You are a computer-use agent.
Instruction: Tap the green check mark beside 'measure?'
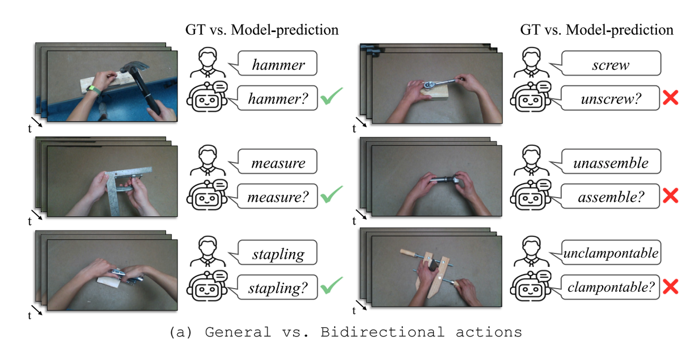point(332,195)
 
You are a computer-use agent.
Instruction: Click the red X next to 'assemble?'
point(670,195)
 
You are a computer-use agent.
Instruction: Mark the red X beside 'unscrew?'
point(670,97)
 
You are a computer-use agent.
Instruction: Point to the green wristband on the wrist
point(94,89)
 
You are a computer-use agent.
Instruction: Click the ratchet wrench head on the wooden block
point(429,85)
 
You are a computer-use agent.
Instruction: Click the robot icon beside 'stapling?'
point(207,286)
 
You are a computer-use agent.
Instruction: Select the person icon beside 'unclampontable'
point(531,251)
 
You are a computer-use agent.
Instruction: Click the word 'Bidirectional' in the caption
point(382,332)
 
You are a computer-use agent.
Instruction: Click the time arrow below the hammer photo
point(36,122)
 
